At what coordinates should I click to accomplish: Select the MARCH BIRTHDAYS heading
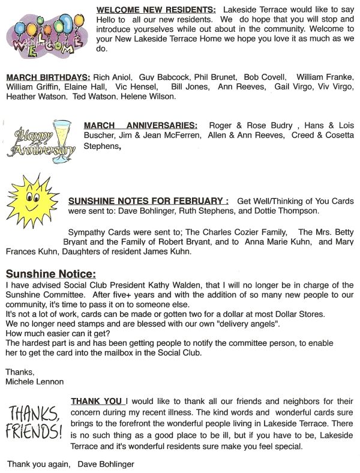click(x=49, y=77)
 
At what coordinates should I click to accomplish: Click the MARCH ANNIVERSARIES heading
click(x=140, y=125)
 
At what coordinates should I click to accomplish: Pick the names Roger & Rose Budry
click(x=251, y=125)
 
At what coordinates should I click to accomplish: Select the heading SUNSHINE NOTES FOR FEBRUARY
click(x=148, y=200)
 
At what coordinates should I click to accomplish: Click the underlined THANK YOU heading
click(x=98, y=401)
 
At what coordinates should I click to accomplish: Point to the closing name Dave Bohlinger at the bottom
click(x=106, y=463)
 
